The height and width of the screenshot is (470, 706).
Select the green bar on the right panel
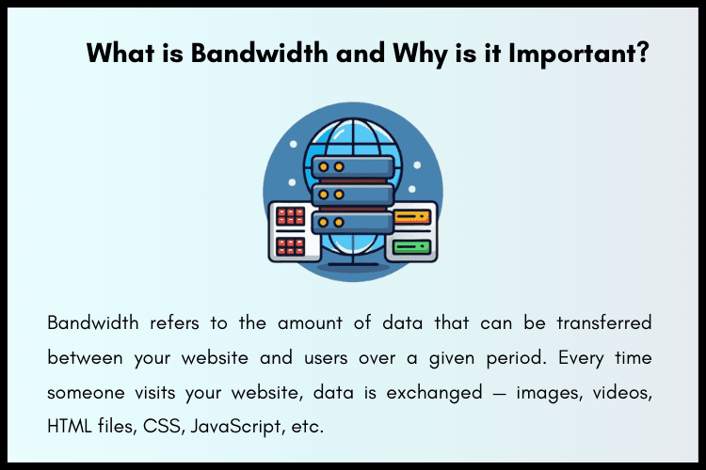[x=411, y=247]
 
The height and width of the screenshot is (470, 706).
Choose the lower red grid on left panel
[x=290, y=247]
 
